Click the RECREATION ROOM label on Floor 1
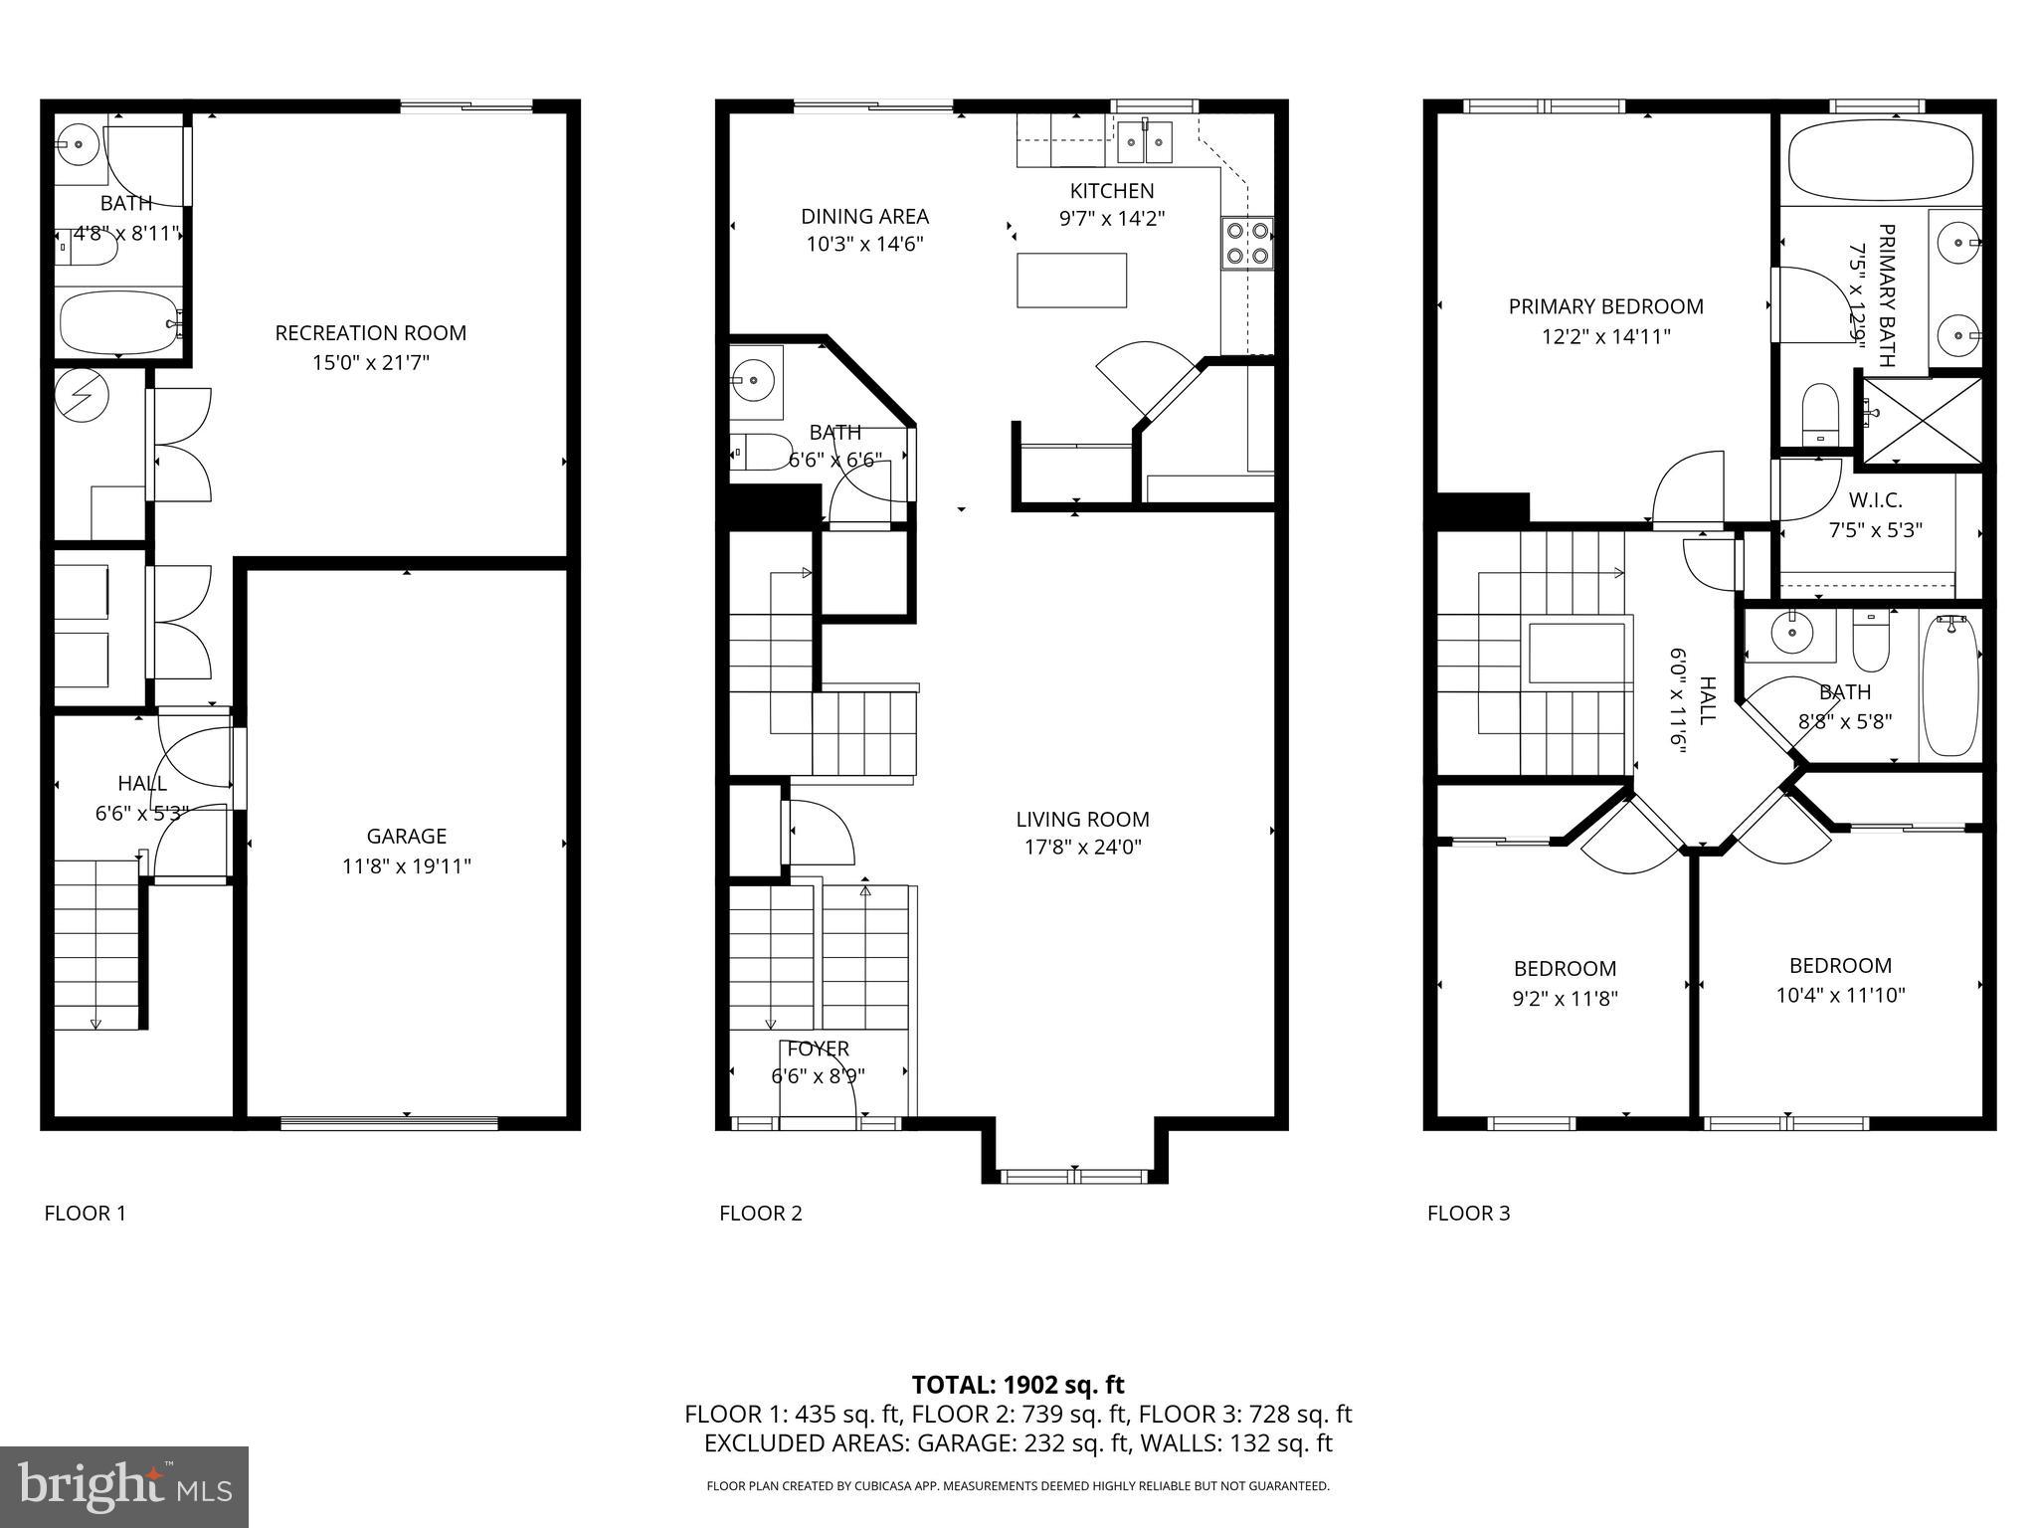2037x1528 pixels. click(370, 333)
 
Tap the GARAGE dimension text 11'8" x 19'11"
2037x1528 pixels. click(406, 866)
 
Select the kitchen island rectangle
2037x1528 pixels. click(1071, 280)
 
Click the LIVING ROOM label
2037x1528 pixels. click(1082, 820)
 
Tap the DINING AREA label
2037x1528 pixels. click(864, 216)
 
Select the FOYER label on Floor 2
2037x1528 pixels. click(818, 1049)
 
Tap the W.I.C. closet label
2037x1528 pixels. click(1875, 501)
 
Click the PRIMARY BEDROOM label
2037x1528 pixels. click(1605, 306)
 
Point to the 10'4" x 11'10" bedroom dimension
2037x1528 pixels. click(1840, 995)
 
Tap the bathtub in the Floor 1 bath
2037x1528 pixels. click(117, 322)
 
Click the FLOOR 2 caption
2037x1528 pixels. click(760, 1213)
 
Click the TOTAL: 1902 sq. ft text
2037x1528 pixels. click(1018, 1385)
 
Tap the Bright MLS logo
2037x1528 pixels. click(123, 1486)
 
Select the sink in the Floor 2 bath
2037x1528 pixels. click(753, 381)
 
